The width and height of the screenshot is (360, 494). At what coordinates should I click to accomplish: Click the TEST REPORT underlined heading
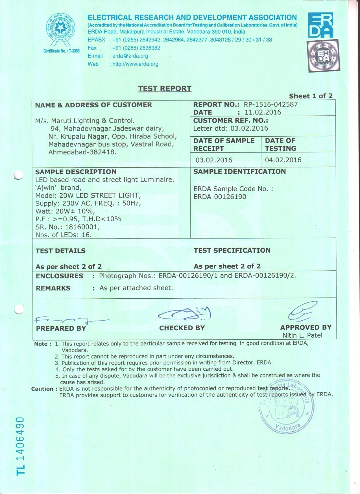coord(165,89)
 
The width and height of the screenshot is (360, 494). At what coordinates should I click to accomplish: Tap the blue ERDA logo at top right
coord(320,25)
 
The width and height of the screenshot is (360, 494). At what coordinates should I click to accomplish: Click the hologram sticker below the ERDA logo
coord(323,56)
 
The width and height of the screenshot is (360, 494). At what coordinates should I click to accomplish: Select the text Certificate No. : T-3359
coord(61,51)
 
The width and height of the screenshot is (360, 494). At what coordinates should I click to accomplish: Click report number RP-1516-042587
coord(270,104)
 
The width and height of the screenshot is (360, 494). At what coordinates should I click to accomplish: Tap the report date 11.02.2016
coord(263,112)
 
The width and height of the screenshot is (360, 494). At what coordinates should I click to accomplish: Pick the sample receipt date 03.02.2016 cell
coord(214,160)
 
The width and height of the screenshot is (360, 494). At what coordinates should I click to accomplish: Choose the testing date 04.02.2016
coord(283,160)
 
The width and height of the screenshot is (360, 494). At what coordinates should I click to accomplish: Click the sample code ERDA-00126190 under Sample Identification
coord(220,197)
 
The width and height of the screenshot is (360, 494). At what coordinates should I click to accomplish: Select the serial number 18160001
coord(82,227)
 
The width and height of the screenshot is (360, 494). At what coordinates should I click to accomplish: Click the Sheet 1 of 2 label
coord(311,96)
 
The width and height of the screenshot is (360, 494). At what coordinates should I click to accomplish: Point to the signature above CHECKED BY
coord(185,313)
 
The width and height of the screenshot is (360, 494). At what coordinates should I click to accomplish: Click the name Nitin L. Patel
coord(302,335)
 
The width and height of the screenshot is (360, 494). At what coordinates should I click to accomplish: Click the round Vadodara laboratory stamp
coord(286,406)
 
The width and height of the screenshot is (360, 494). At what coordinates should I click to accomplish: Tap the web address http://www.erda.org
coord(135,64)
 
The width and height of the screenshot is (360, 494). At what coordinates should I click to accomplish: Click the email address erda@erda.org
coord(130,56)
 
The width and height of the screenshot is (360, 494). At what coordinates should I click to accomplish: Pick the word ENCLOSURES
coord(59,276)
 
